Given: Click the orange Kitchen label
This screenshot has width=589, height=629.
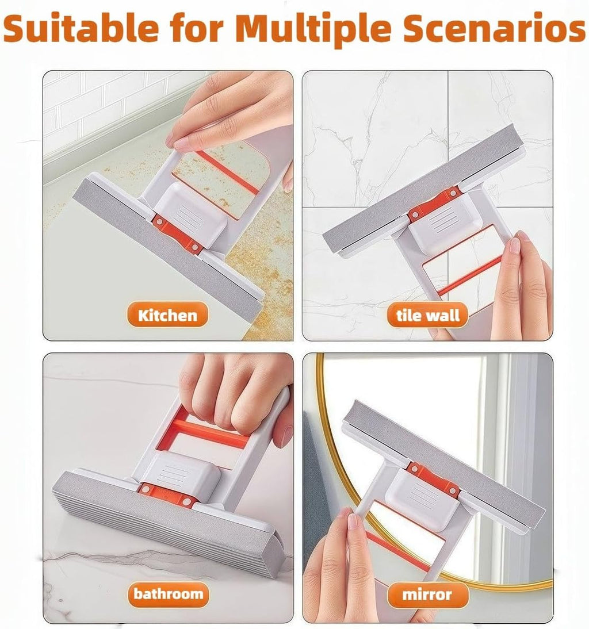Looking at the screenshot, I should [167, 315].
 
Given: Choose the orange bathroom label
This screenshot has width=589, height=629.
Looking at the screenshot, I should [167, 593].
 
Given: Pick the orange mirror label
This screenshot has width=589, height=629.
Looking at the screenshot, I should [427, 594].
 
